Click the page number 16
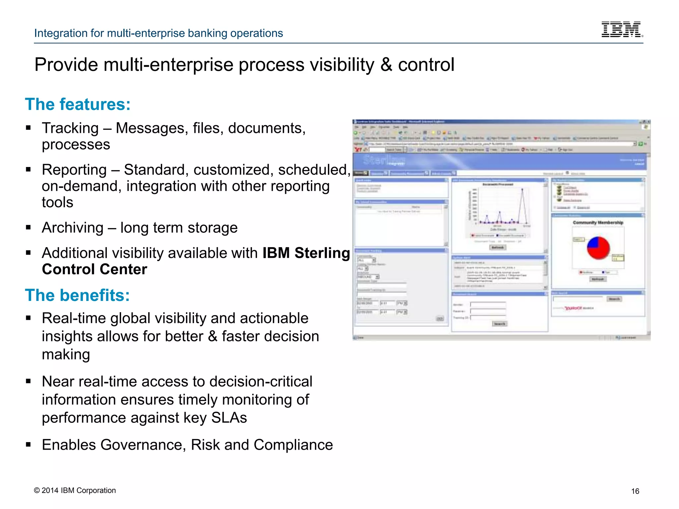(x=635, y=491)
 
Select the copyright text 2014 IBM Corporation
(x=75, y=490)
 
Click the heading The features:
(x=78, y=104)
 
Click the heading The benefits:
(x=77, y=295)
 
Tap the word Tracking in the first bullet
(x=70, y=128)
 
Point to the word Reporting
(x=74, y=170)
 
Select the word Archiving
(x=73, y=228)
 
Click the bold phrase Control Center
(x=94, y=269)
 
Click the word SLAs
(x=229, y=418)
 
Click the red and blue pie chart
(x=598, y=248)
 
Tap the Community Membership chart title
(x=598, y=223)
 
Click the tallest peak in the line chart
(x=523, y=190)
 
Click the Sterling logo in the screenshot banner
(x=384, y=161)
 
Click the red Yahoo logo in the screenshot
(x=574, y=308)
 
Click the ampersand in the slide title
(x=386, y=65)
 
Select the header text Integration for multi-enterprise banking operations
(x=158, y=33)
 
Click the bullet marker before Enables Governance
(x=29, y=445)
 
